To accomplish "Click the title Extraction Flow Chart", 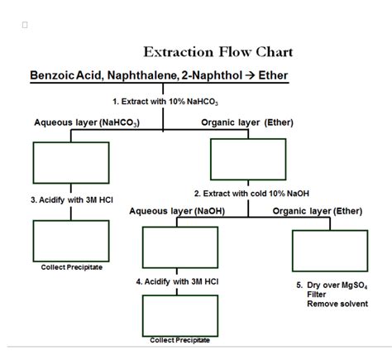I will pos(218,52).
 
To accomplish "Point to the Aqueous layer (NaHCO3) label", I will pos(86,122).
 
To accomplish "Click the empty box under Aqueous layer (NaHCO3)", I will pos(70,162).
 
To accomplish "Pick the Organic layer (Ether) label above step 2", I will pos(241,122).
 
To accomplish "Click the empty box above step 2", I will pos(248,159).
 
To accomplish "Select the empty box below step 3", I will pos(70,240).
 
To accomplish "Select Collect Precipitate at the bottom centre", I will pos(179,340).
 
